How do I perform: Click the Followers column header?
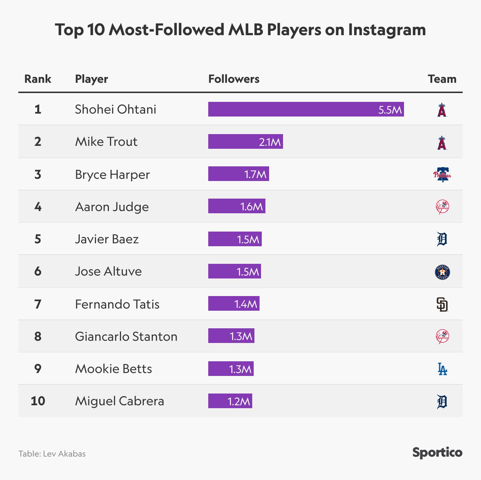(234, 79)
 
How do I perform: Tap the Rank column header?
(38, 79)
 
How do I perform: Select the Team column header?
(442, 79)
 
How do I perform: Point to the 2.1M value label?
(270, 142)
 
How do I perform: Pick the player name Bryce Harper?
(112, 174)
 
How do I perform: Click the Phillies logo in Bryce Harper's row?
(442, 174)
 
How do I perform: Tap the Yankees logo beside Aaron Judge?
(442, 207)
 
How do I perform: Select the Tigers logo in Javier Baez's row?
(442, 239)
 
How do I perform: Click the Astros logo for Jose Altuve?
(442, 272)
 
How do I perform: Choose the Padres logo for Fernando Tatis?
(442, 304)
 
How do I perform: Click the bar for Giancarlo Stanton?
(231, 336)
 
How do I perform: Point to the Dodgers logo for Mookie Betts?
(442, 369)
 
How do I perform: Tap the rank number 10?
(38, 401)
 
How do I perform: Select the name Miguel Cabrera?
(120, 401)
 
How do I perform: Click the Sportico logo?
(437, 453)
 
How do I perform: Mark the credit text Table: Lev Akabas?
(52, 454)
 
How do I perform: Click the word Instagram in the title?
(387, 30)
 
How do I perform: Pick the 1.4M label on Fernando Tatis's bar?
(246, 304)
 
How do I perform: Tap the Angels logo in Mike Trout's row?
(442, 143)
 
